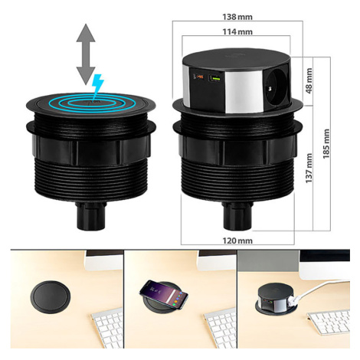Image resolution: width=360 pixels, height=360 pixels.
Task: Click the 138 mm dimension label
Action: [237, 17]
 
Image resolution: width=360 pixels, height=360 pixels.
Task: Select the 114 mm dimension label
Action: [237, 32]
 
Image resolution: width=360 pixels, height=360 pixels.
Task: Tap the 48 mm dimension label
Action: [309, 80]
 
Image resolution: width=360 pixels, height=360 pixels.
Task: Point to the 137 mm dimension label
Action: [309, 168]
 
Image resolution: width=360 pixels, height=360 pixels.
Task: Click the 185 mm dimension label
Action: [326, 144]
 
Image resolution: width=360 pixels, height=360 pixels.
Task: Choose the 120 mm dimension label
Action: [237, 241]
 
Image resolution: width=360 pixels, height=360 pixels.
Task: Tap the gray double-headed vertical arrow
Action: [86, 54]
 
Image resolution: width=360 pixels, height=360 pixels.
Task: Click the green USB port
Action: [214, 78]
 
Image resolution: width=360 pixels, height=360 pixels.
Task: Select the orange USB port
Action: [198, 77]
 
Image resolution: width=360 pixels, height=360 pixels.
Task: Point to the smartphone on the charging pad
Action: [163, 294]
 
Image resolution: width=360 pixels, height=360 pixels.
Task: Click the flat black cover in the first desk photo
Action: [51, 297]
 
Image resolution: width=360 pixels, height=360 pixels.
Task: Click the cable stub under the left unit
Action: [91, 216]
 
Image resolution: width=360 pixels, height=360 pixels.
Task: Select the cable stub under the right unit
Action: [237, 216]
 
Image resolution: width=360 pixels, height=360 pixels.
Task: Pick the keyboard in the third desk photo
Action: [329, 322]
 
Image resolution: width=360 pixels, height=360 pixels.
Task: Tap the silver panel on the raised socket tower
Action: [244, 91]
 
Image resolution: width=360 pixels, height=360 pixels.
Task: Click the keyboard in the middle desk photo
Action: [220, 328]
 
